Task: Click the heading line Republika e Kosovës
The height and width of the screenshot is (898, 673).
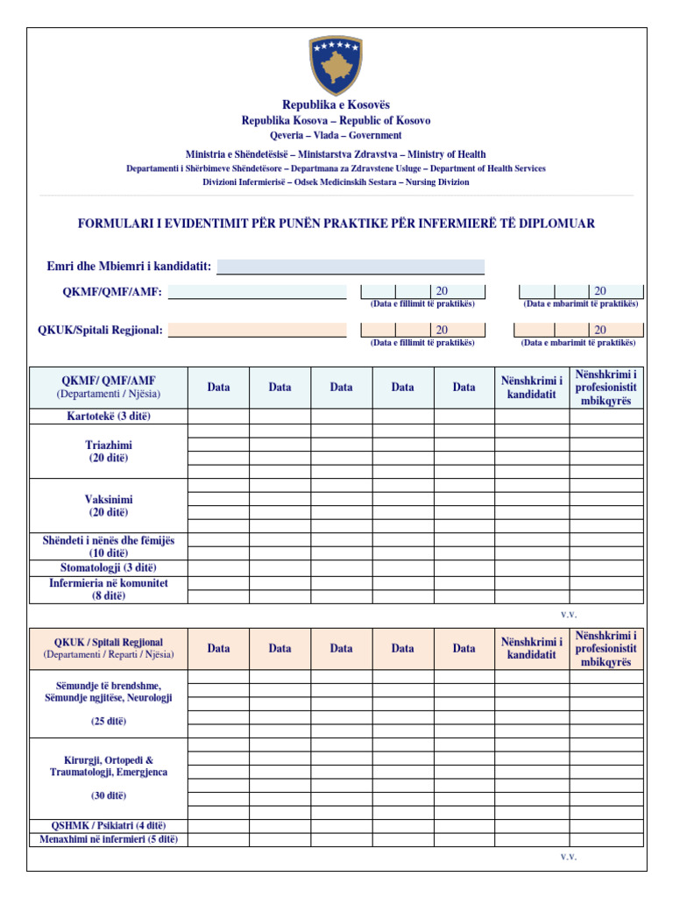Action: (336, 105)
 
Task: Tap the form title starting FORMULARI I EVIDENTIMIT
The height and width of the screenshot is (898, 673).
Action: (336, 224)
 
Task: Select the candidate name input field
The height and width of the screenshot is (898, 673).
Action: (351, 267)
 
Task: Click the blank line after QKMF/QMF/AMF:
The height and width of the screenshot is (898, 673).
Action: (257, 292)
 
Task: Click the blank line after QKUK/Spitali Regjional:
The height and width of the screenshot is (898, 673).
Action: (257, 331)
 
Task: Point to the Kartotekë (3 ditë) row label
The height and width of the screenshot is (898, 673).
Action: (109, 416)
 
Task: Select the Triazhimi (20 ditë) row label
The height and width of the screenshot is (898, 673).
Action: (109, 452)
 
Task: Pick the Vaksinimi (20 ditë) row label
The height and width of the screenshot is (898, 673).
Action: (109, 505)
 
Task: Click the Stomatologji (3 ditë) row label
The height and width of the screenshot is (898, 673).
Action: (109, 567)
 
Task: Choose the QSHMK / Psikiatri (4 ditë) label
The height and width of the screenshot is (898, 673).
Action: (109, 825)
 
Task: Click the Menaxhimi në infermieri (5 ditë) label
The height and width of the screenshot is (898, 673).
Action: (109, 839)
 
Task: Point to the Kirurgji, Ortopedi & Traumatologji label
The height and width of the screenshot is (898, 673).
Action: (109, 766)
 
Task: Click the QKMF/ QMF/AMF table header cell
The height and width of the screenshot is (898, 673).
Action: (109, 387)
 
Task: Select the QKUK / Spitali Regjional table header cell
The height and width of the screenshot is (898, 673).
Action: (109, 648)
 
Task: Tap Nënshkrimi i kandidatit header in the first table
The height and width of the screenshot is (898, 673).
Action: (532, 387)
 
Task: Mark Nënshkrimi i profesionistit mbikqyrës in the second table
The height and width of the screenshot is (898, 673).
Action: (606, 648)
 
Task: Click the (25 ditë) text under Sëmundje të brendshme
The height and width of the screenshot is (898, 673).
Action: (109, 721)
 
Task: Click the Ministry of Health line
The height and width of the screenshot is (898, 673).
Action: (336, 154)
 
